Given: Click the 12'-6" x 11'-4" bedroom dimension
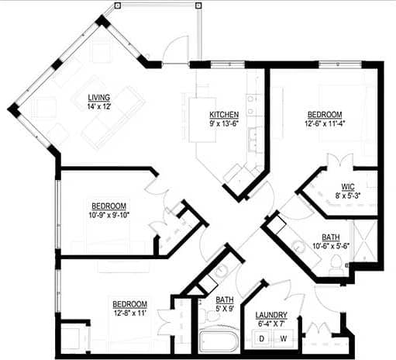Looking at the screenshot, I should coord(322,122).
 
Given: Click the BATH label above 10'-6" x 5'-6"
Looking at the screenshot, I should coord(329,237).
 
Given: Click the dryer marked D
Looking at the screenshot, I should coord(262,338).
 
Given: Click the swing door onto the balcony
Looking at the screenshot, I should coord(174,48).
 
